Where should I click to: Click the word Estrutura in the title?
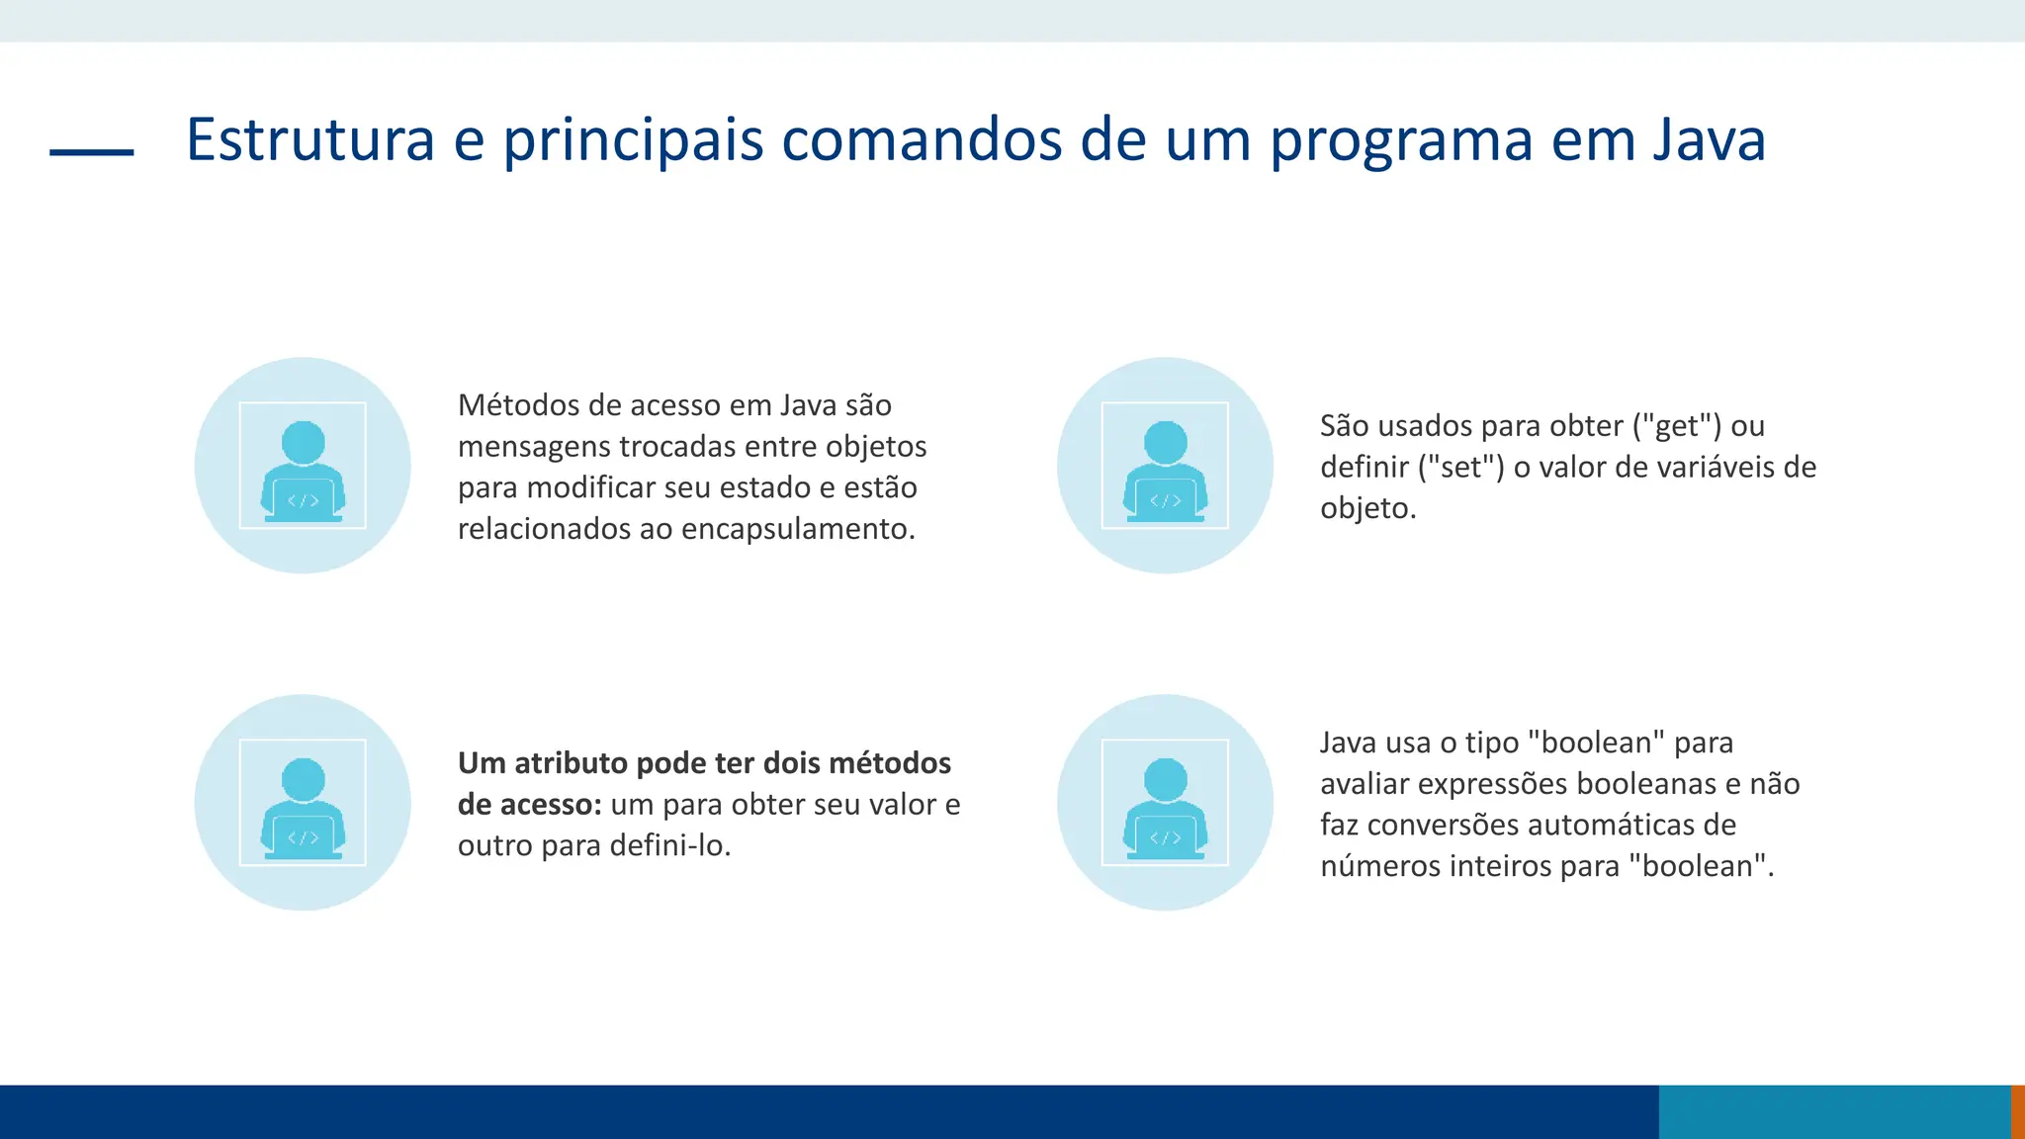310,139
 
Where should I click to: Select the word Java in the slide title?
1709,139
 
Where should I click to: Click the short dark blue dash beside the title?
91,152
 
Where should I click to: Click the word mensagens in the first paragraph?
534,447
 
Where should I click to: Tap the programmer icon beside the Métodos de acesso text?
303,466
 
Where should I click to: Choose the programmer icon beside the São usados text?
1165,466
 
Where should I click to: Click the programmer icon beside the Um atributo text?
303,803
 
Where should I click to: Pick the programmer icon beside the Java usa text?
1165,803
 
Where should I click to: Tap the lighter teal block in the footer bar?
1834,1111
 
